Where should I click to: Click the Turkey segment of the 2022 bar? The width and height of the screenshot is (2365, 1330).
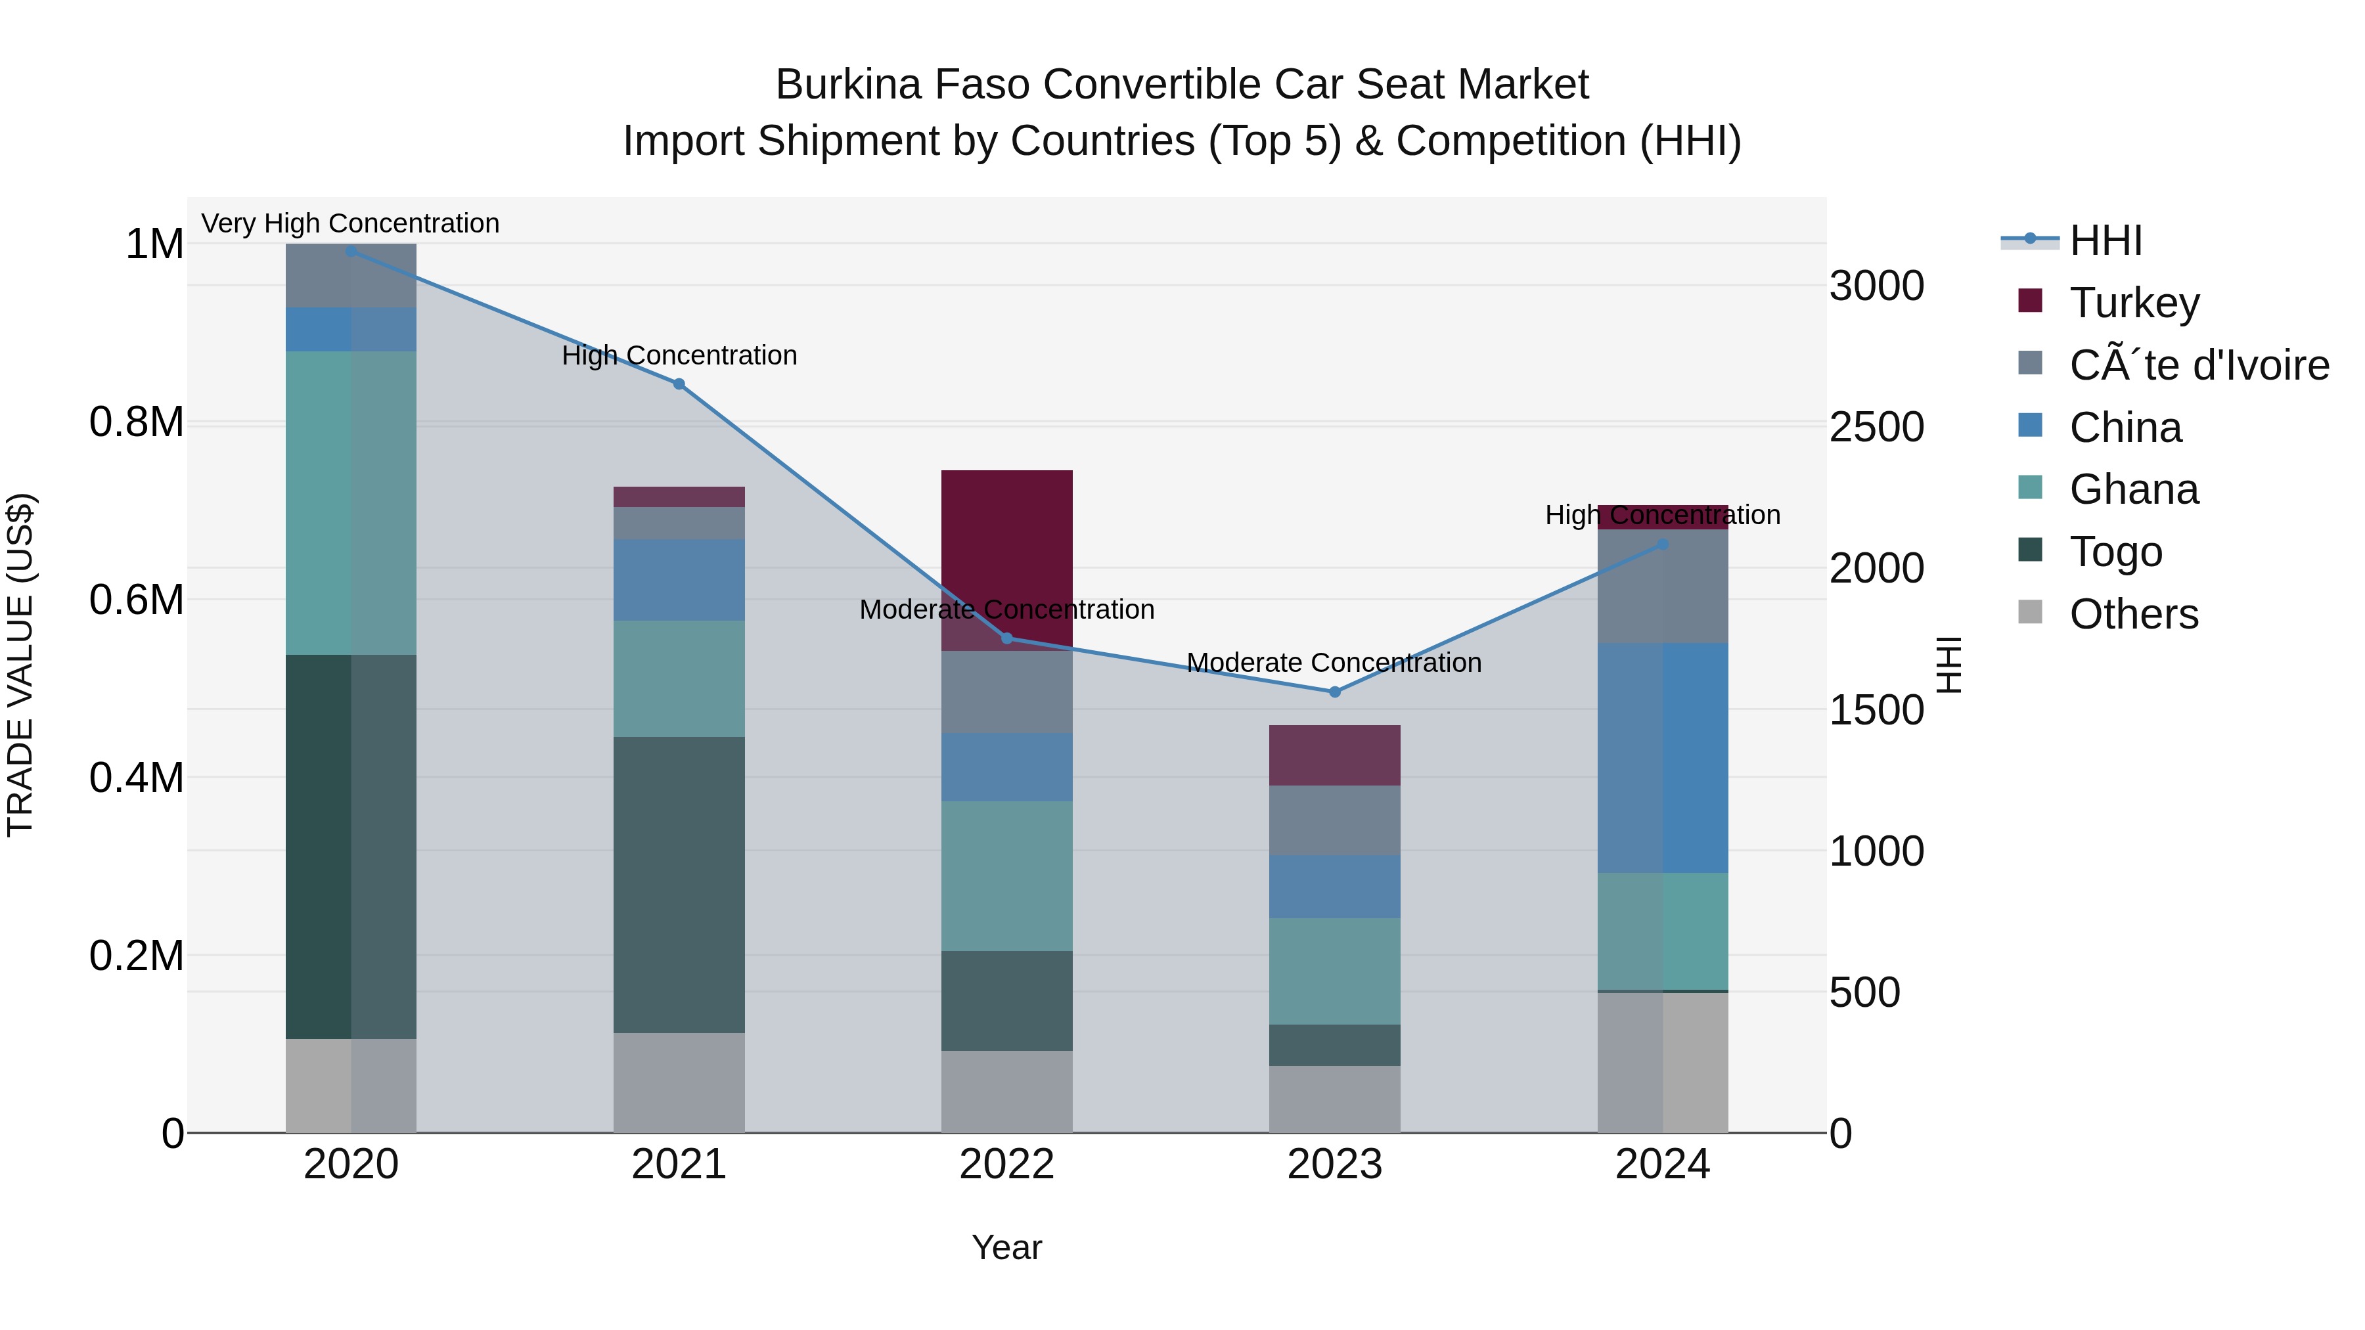(1006, 551)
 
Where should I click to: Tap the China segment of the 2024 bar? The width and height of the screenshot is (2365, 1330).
(1663, 757)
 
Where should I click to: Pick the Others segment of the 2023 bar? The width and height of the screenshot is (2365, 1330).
(1334, 1099)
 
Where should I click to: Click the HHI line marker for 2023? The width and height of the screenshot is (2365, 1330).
(1335, 692)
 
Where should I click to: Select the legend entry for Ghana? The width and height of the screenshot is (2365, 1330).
(2134, 489)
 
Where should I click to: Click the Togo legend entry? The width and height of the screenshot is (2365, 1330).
(2115, 552)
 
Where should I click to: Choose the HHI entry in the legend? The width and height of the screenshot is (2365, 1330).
(2106, 240)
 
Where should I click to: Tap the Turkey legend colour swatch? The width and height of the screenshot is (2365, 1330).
(2030, 301)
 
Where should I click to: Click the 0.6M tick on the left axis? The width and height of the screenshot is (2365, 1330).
(136, 600)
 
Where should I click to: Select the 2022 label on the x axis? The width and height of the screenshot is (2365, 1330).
(1006, 1164)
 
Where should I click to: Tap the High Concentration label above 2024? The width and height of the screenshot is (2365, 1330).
(1663, 515)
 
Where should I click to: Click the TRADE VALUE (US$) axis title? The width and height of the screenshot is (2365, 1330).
(20, 665)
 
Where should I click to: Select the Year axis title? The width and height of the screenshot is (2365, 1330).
(1006, 1247)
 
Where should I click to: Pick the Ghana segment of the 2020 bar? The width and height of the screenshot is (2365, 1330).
(351, 503)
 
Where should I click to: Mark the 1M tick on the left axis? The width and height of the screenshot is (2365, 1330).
(154, 244)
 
